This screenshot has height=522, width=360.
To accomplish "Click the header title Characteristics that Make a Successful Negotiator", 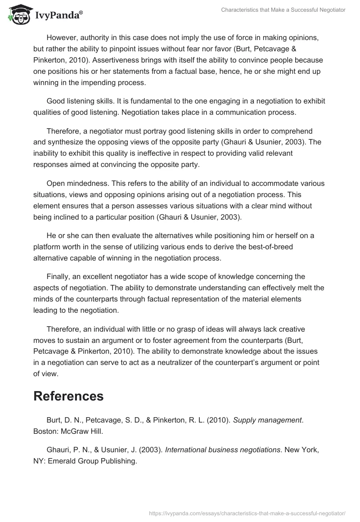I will pos(283,10).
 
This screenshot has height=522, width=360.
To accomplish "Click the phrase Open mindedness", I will pos(74,183).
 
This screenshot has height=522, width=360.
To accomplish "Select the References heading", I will pos(68,396).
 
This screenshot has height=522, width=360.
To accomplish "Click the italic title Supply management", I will pos(267,420).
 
